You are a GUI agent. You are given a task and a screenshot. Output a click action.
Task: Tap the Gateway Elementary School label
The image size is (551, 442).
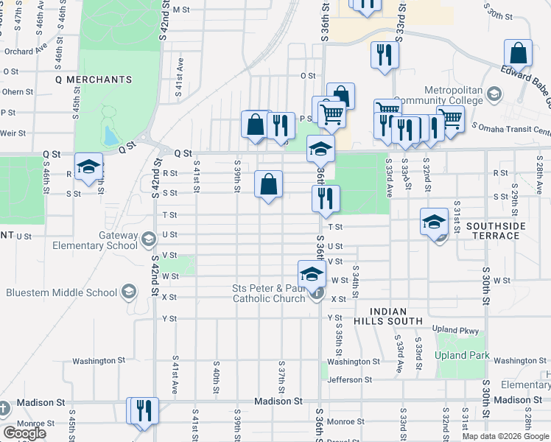(97, 240)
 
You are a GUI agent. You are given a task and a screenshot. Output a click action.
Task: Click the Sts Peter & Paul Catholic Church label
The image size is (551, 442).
(268, 293)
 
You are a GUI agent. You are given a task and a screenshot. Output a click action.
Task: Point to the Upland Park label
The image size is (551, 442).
(462, 356)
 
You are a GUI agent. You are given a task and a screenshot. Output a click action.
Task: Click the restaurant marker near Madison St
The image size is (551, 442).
(143, 411)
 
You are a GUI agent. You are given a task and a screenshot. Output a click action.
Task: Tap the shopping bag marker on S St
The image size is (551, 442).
(269, 184)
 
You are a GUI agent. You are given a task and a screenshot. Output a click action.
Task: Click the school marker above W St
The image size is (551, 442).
(312, 274)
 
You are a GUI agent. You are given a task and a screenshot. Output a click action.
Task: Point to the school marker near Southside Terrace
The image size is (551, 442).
(434, 220)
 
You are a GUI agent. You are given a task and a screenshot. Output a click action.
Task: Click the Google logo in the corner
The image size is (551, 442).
(24, 433)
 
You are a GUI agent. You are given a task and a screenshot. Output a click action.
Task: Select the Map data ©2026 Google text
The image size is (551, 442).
(505, 435)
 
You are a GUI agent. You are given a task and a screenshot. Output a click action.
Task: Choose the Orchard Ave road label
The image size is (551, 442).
(25, 52)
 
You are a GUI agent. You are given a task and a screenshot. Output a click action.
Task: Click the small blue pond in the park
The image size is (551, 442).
(110, 136)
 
